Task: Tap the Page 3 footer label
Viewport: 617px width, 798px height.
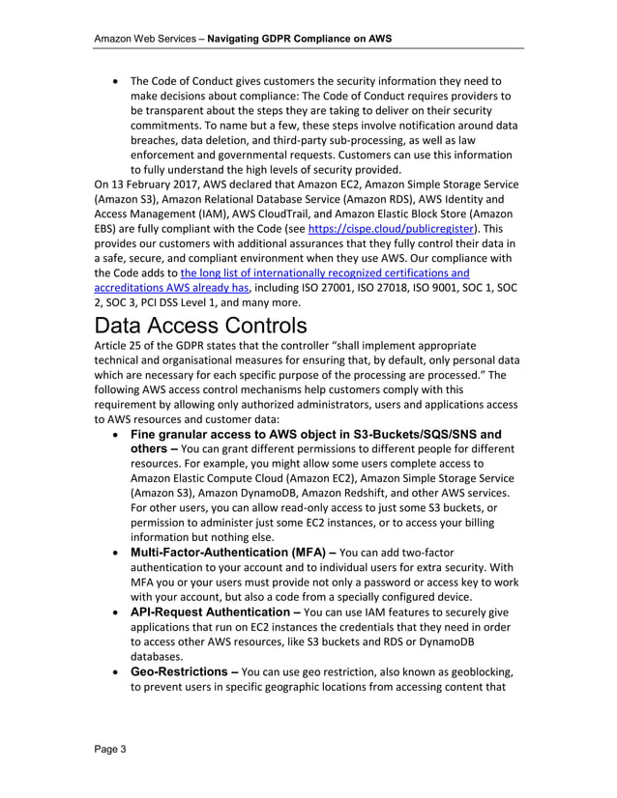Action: pos(109,749)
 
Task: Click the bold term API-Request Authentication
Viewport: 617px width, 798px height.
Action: pos(213,613)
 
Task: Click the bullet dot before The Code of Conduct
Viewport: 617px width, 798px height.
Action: pos(117,81)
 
